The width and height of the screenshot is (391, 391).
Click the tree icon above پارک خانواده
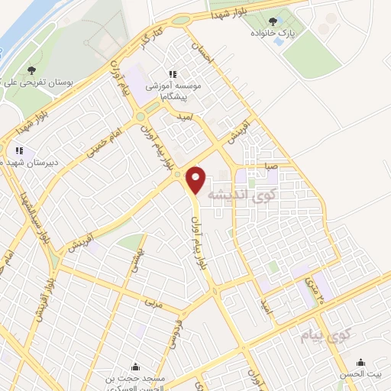[x=273, y=21]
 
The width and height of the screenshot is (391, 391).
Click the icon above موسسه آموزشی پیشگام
[x=173, y=74]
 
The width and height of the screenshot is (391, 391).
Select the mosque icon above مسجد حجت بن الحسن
[x=135, y=366]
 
